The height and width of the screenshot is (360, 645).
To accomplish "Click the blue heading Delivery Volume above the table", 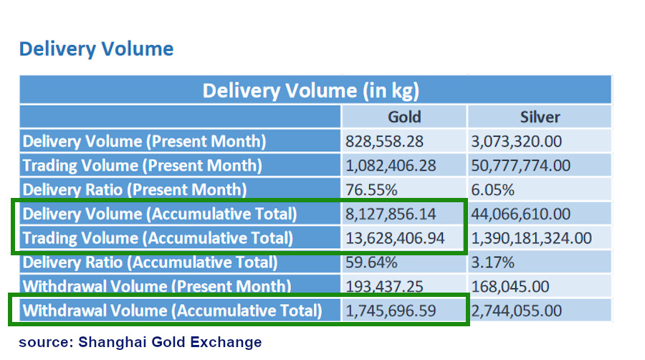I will click(x=96, y=49).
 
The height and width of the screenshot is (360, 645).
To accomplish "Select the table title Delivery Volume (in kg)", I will click(x=310, y=90).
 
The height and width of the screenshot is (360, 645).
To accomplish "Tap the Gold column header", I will click(x=404, y=117).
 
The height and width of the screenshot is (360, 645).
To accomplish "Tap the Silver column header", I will click(x=540, y=117).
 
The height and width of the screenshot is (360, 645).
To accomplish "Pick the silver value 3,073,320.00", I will click(x=516, y=141).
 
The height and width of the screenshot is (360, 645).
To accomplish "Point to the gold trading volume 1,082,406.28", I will click(x=390, y=166).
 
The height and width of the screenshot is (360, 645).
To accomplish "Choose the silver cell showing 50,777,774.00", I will click(x=520, y=166).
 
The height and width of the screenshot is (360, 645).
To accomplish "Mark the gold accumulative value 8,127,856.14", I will click(x=390, y=214).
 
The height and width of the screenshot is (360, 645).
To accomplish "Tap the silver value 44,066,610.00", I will click(x=520, y=214).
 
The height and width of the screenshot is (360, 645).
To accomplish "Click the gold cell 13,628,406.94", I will click(x=394, y=238).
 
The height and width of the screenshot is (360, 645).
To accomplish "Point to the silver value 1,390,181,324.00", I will click(x=531, y=238).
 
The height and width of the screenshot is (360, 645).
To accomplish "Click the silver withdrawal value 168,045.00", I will click(x=510, y=287).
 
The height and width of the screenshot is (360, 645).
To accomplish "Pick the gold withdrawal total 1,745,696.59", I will click(x=390, y=311).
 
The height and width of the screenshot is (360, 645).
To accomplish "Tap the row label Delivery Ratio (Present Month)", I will click(x=134, y=190).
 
